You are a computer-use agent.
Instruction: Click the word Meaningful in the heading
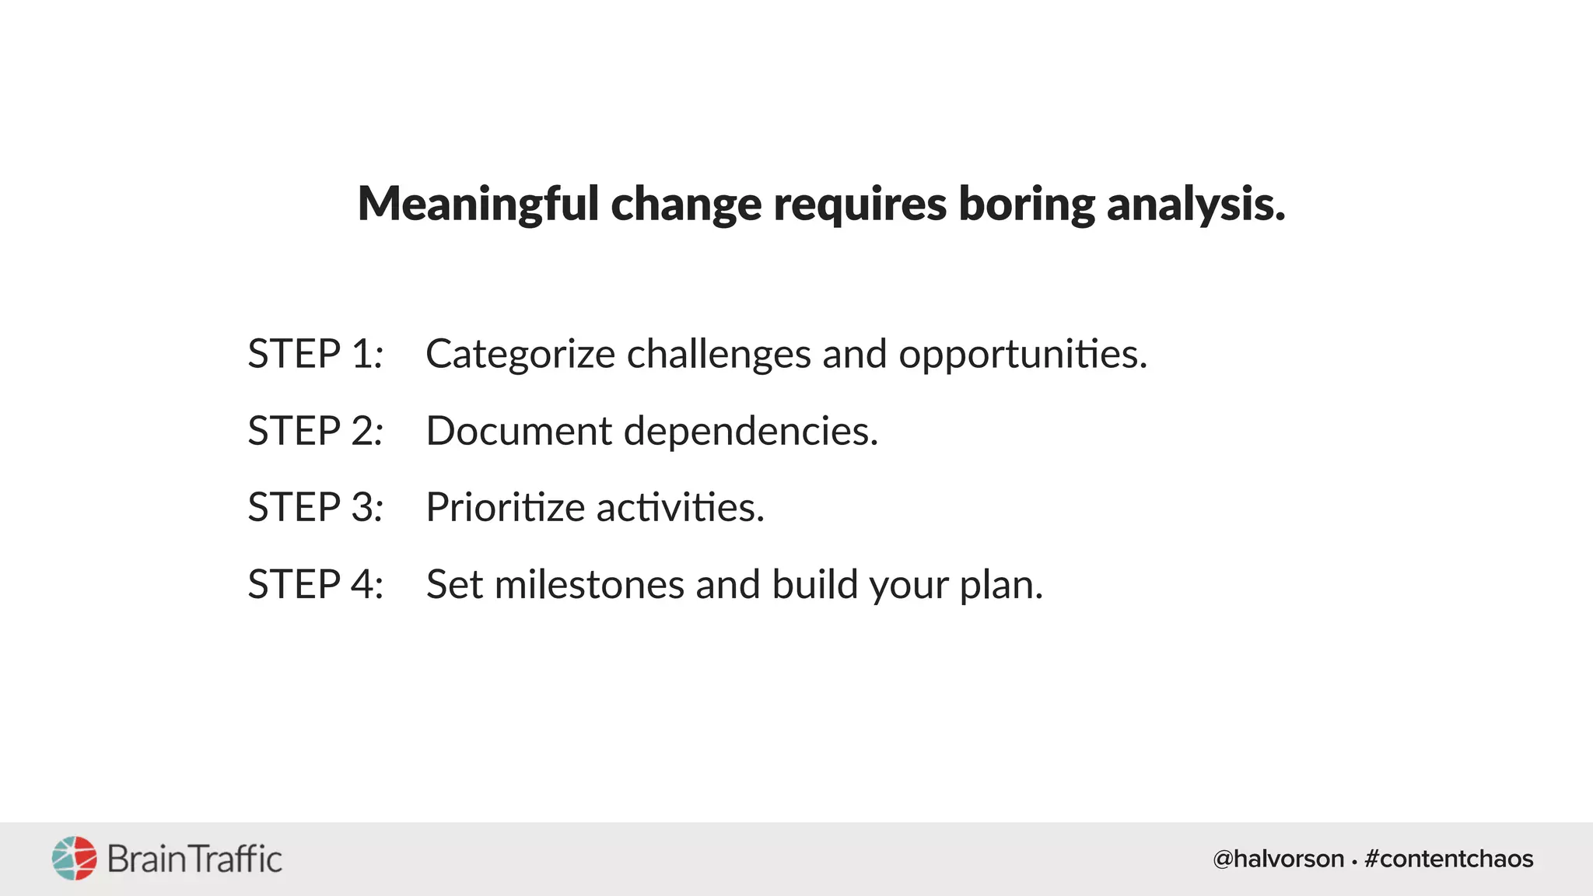coord(478,205)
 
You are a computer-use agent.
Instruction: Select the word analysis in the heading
coord(1196,205)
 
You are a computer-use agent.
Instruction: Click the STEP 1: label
coord(315,354)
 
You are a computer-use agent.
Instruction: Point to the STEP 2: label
coord(315,431)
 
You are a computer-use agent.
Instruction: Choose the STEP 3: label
coord(315,507)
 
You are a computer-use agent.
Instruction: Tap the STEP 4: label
coord(315,584)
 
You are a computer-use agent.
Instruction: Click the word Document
coord(519,431)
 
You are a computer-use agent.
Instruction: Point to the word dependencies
coord(751,431)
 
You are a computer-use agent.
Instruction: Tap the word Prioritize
coord(505,508)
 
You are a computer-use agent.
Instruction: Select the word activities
coord(681,508)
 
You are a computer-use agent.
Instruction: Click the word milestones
coord(589,585)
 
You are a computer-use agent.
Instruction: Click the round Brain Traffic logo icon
coord(75,859)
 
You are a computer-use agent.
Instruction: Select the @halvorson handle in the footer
coord(1278,859)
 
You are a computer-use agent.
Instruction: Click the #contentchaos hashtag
coord(1448,859)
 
